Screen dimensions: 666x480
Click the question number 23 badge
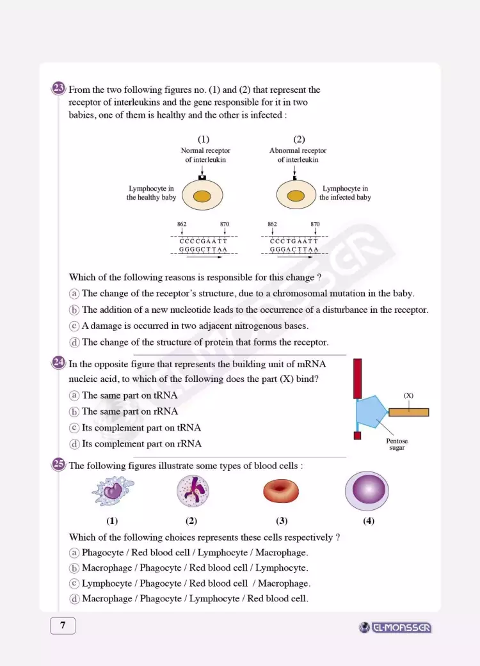(58, 88)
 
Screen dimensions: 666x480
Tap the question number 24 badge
(58, 363)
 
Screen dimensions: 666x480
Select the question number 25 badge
(58, 464)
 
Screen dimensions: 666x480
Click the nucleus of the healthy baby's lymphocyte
(202, 196)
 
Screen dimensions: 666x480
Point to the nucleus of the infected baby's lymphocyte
(296, 196)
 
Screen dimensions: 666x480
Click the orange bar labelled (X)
(408, 412)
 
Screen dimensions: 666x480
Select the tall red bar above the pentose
(357, 379)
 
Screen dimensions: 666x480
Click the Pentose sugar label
(397, 445)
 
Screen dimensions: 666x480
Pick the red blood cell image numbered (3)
(280, 491)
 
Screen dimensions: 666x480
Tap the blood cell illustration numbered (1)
(113, 491)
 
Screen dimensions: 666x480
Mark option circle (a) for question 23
(74, 294)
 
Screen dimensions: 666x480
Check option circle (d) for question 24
(74, 444)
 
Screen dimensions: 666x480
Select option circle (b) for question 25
(74, 568)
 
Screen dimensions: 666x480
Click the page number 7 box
(63, 626)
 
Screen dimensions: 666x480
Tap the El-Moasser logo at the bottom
(396, 628)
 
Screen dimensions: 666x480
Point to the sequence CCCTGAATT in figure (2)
(294, 241)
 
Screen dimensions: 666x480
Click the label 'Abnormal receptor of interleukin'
(298, 155)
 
